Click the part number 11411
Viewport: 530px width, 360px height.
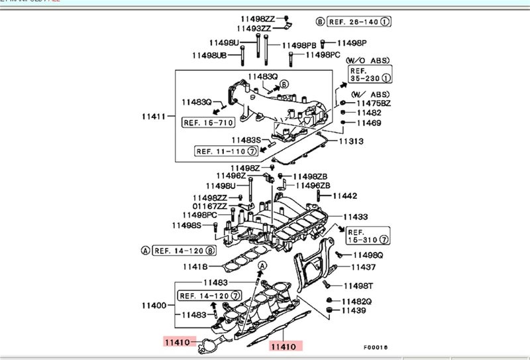pyautogui.click(x=152, y=116)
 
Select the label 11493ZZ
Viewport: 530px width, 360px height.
pyautogui.click(x=254, y=29)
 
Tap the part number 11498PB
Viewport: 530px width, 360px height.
pyautogui.click(x=298, y=45)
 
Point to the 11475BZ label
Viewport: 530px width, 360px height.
pyautogui.click(x=374, y=103)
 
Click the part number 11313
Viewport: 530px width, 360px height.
pyautogui.click(x=352, y=141)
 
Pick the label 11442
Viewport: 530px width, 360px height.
pyautogui.click(x=344, y=196)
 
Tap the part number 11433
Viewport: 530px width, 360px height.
pyautogui.click(x=356, y=217)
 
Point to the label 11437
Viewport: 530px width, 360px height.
pyautogui.click(x=363, y=267)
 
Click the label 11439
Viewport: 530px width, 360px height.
pyautogui.click(x=354, y=310)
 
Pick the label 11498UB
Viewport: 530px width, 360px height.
pyautogui.click(x=210, y=55)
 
